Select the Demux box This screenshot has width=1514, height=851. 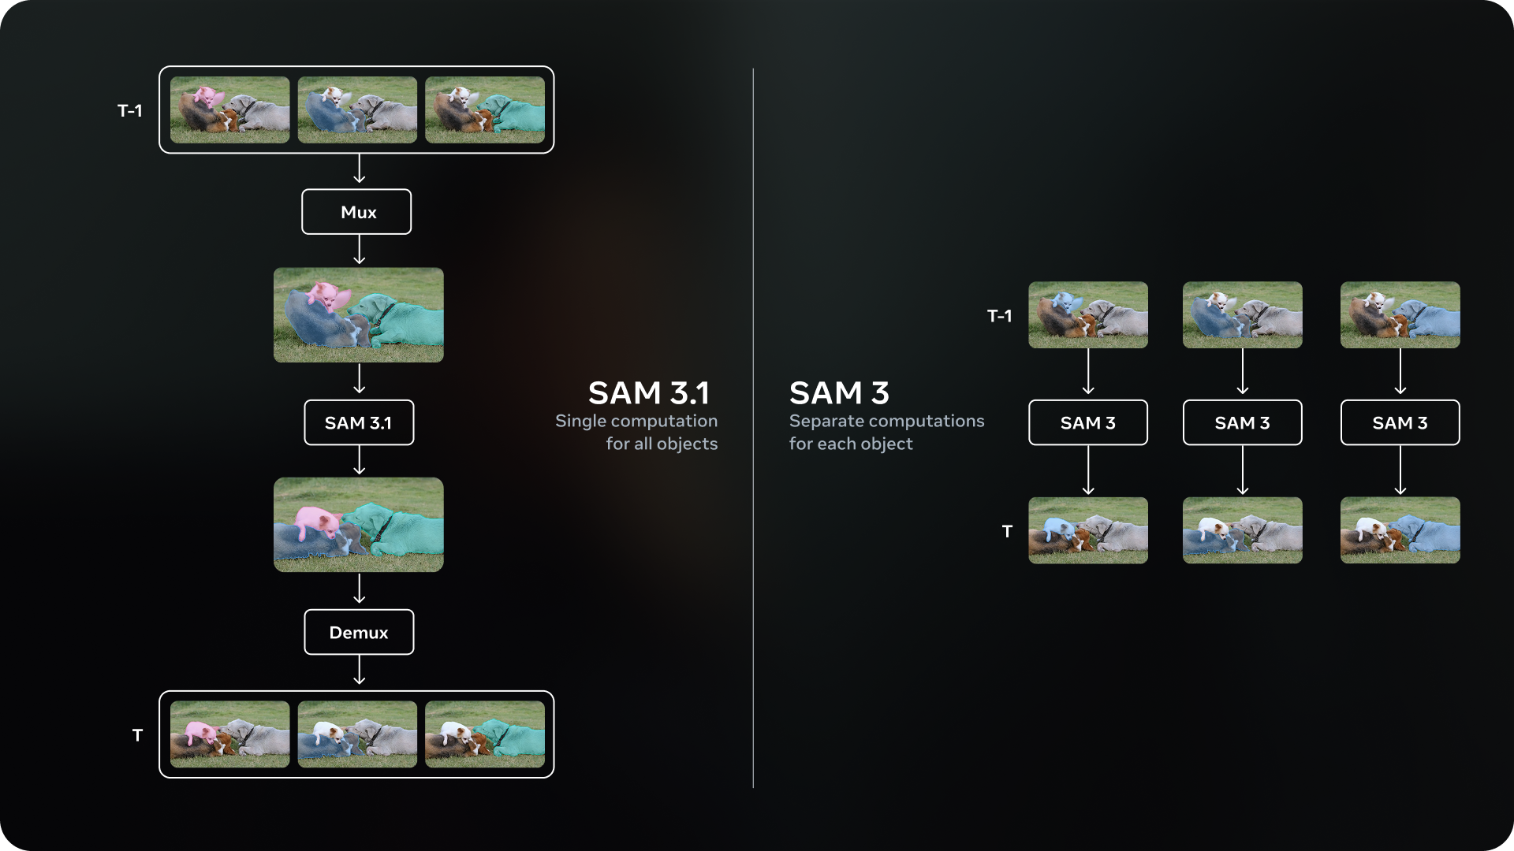click(x=359, y=632)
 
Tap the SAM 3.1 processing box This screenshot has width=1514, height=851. click(x=359, y=423)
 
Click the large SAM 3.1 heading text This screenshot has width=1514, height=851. click(x=648, y=392)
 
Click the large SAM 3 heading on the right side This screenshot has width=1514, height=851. click(x=839, y=392)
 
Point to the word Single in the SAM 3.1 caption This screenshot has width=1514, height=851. click(x=580, y=421)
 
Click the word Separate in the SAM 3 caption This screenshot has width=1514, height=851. click(x=824, y=421)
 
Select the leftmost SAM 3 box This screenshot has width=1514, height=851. click(x=1087, y=423)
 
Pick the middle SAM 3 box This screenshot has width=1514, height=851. click(x=1242, y=423)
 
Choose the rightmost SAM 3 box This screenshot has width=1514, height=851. click(x=1400, y=423)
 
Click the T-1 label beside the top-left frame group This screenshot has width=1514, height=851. click(x=130, y=111)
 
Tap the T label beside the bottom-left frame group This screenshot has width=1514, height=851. click(x=137, y=735)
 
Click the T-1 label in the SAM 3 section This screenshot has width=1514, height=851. click(x=999, y=316)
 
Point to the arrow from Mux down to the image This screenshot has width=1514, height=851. click(x=360, y=250)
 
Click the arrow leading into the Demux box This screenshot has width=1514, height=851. click(x=360, y=589)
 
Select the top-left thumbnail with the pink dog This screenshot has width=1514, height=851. click(x=230, y=110)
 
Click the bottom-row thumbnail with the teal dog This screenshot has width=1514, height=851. click(x=485, y=734)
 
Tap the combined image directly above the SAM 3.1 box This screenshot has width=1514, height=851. click(x=359, y=315)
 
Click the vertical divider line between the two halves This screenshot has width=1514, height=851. click(x=753, y=552)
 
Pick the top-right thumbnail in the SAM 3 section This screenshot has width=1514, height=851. click(x=1400, y=315)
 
